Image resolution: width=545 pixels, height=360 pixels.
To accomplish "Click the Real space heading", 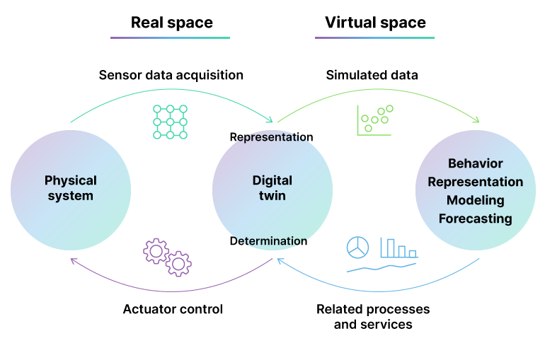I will (171, 23).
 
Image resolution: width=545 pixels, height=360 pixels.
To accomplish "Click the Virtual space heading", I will (375, 23).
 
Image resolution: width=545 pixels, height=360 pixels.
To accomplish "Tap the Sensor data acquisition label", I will (171, 75).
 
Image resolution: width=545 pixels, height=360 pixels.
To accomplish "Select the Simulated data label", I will (372, 75).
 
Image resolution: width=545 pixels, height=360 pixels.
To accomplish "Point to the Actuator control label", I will (173, 309).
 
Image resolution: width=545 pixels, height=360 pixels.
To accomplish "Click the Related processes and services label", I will (373, 317).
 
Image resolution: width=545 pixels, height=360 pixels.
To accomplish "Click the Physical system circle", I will (71, 188).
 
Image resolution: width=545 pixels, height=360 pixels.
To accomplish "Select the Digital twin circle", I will (272, 188).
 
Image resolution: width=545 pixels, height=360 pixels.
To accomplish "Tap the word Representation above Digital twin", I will (272, 137).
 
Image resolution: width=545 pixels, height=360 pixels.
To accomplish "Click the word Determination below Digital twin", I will (269, 241).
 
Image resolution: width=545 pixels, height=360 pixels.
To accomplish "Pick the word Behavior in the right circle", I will (475, 164).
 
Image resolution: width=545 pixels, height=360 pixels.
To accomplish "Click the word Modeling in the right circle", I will (475, 200).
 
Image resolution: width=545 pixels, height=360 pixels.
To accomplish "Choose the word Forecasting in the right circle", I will (475, 219).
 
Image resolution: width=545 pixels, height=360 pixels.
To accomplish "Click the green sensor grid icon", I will (170, 122).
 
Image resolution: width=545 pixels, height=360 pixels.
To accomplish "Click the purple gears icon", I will (167, 257).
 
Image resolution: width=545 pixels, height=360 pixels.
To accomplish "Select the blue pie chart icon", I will (357, 248).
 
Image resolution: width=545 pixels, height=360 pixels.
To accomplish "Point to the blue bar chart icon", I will (398, 248).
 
